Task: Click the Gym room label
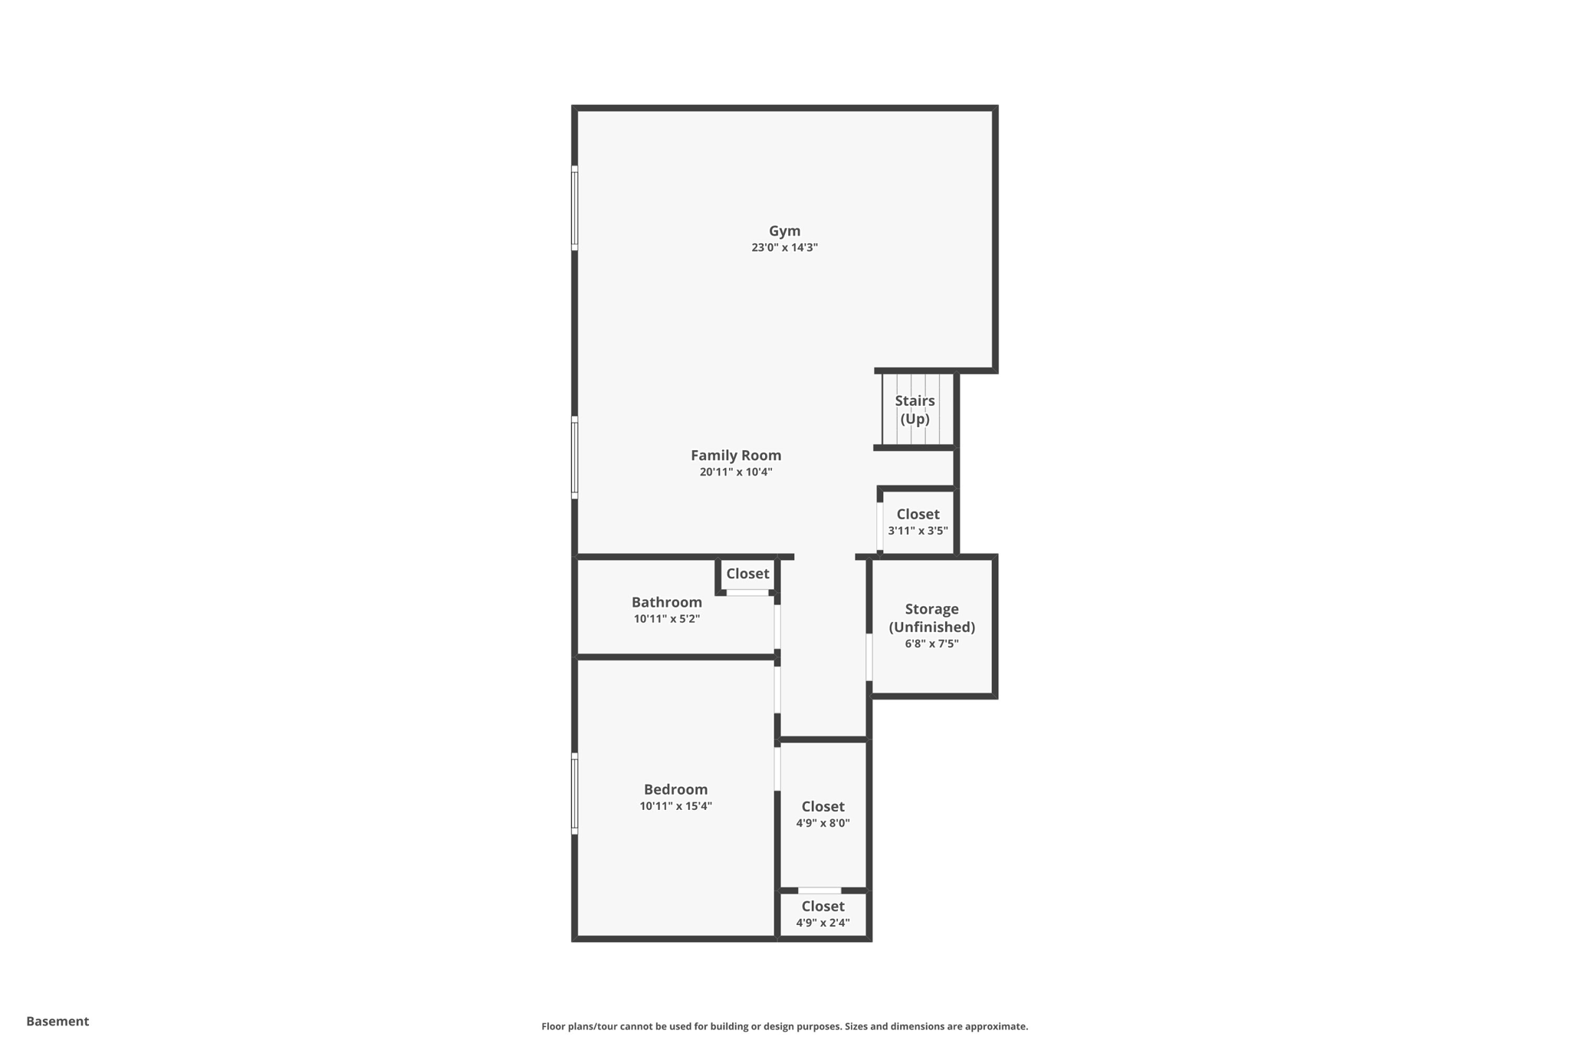[784, 231]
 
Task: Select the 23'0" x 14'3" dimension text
[784, 248]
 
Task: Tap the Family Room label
[736, 455]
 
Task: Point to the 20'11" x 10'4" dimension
[736, 472]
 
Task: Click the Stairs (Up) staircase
[915, 410]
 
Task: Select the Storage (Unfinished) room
[931, 618]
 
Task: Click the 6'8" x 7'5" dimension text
[931, 644]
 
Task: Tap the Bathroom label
[666, 602]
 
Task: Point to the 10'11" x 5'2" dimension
[666, 619]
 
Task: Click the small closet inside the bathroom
[747, 574]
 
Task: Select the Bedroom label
[675, 789]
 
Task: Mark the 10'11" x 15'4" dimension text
[675, 806]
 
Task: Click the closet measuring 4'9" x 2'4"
[823, 914]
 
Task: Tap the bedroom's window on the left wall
[574, 794]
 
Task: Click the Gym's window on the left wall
[574, 208]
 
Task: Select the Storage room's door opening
[869, 657]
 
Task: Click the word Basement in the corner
[57, 1021]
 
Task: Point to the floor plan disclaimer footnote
[784, 1026]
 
